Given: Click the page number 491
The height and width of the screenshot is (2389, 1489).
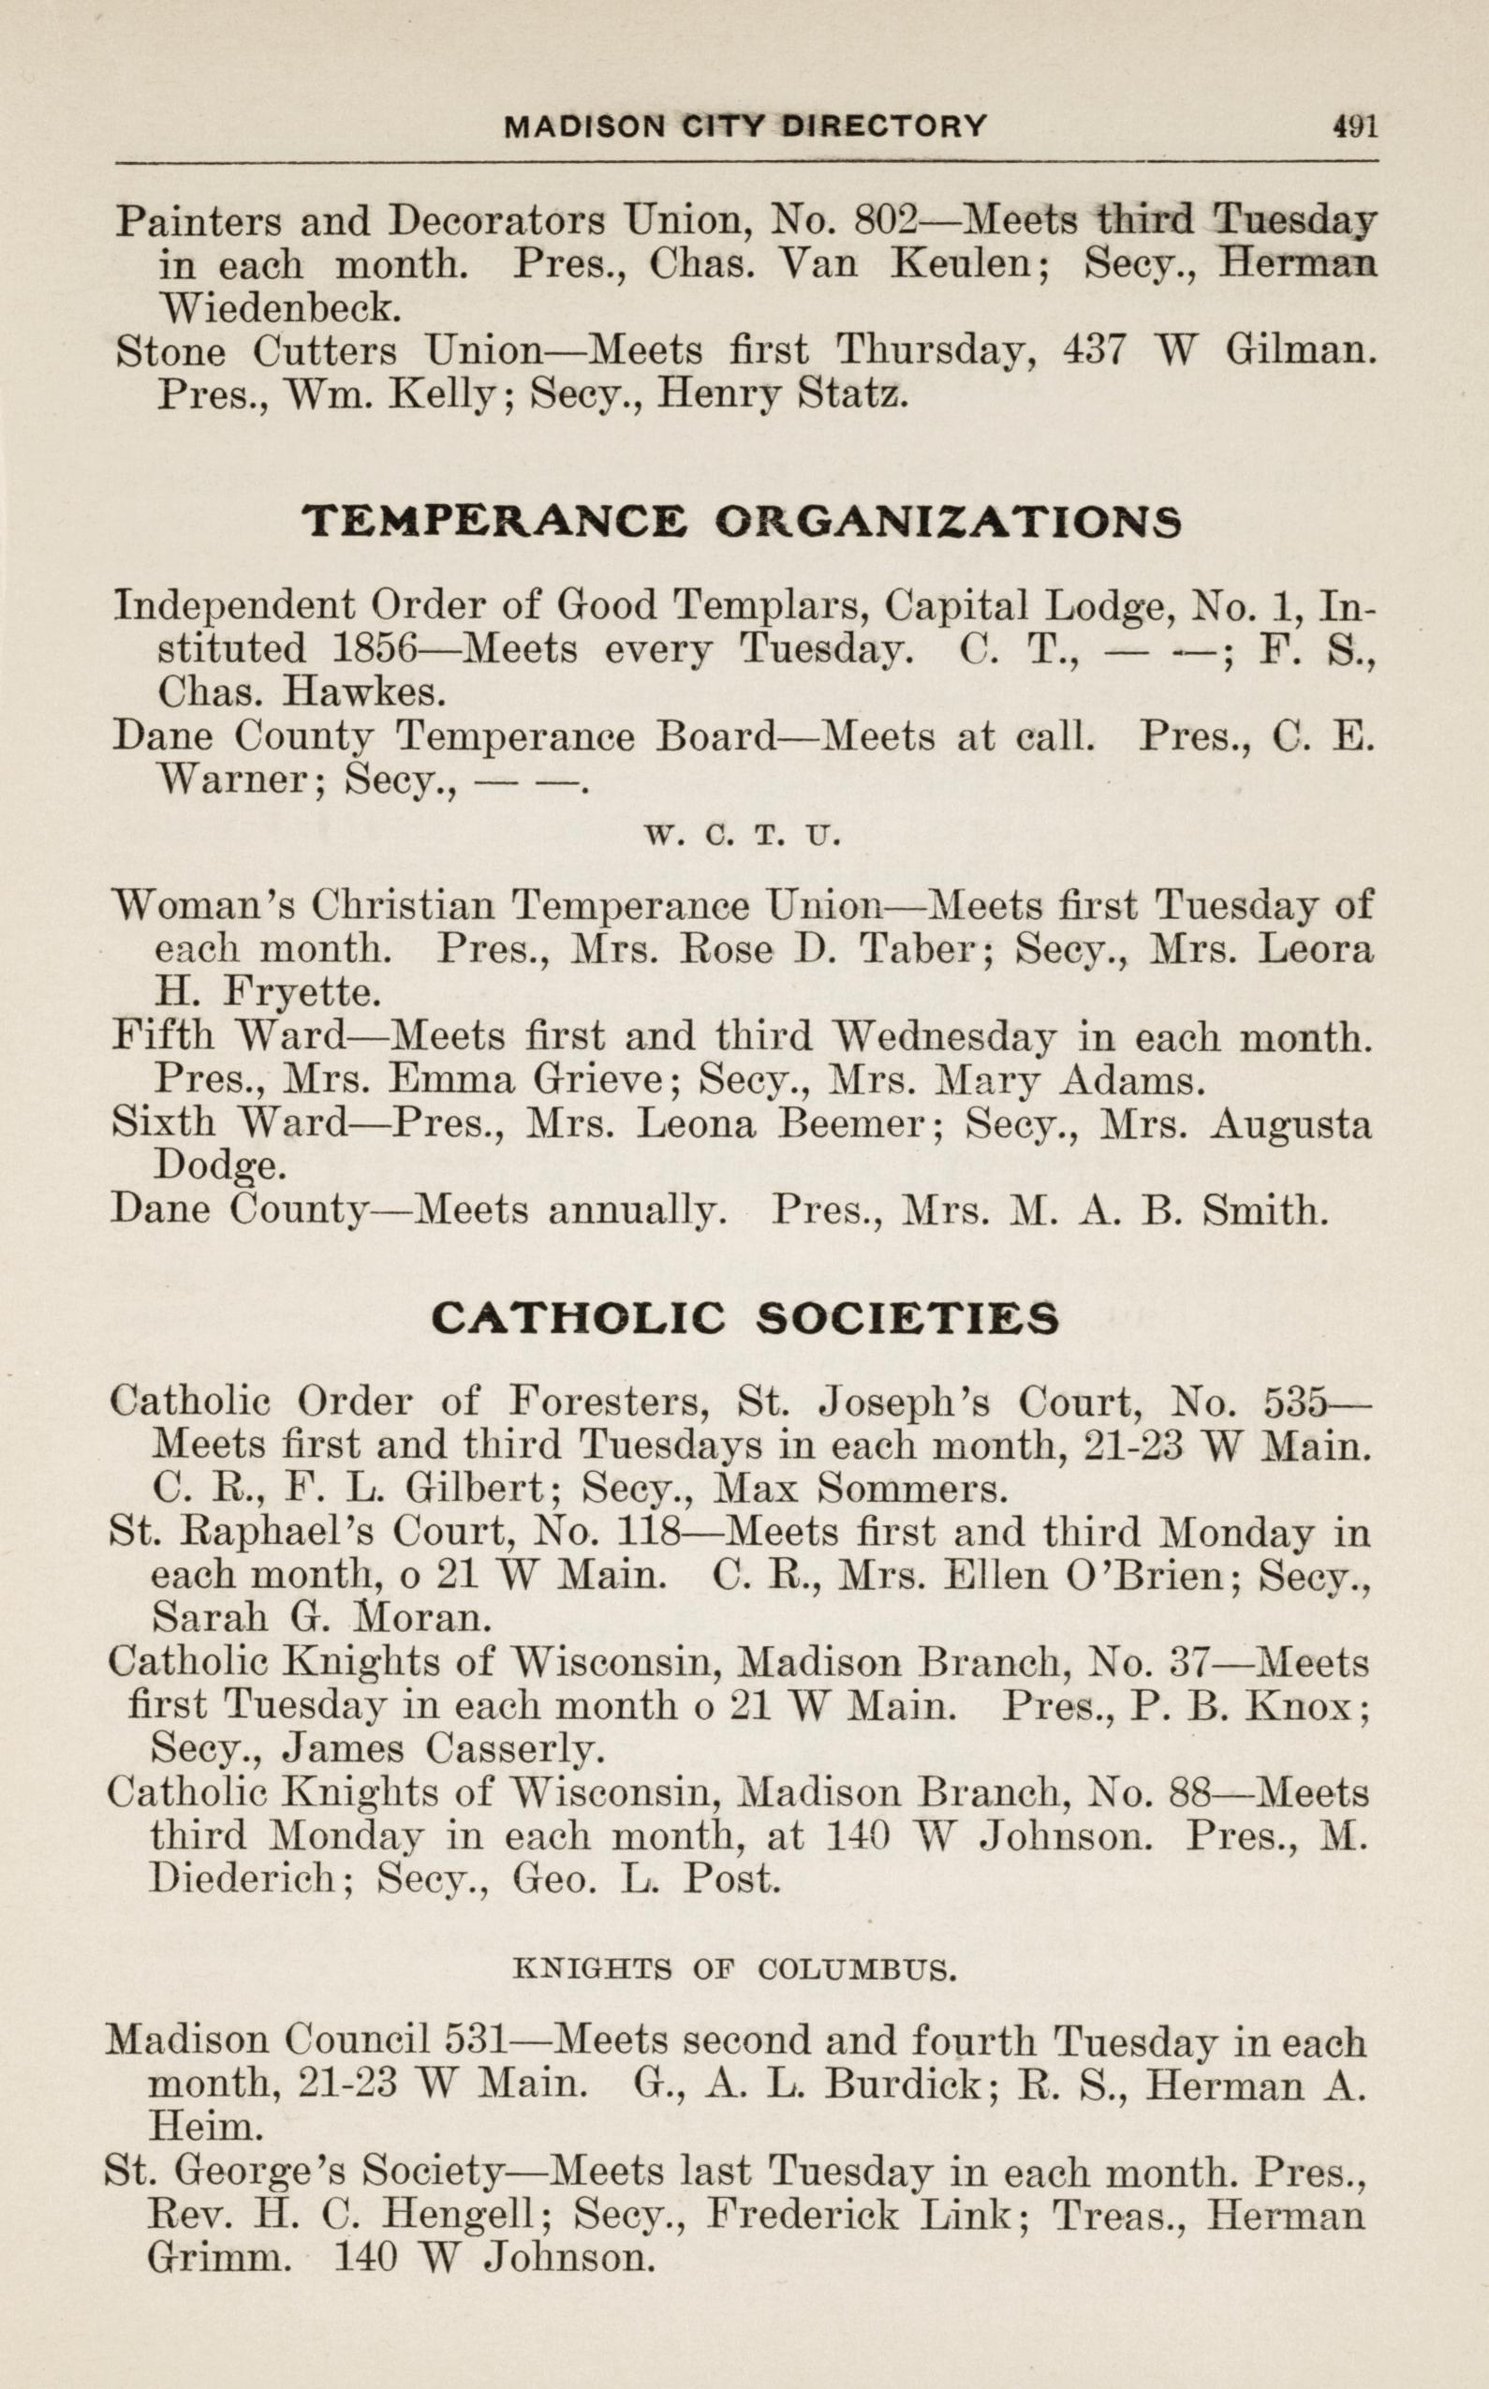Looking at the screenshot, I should click(1354, 126).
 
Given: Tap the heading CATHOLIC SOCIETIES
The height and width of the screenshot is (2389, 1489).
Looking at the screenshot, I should click(744, 1317).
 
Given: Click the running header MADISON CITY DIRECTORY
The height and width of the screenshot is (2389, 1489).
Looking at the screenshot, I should click(744, 126).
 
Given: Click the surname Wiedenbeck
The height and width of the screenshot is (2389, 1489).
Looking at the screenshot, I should click(280, 308).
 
